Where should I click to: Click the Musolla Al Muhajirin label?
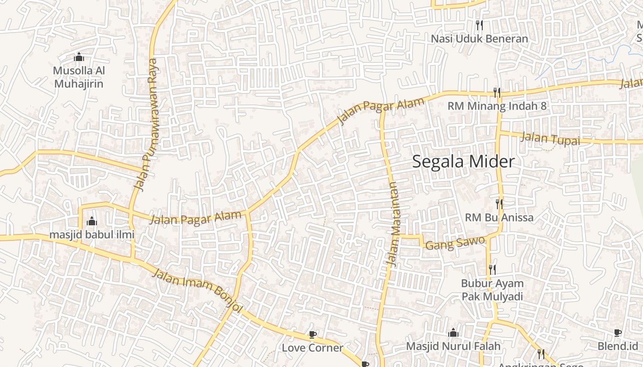click(x=79, y=77)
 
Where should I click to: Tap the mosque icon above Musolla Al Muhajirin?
click(x=79, y=57)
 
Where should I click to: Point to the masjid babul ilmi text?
click(x=92, y=235)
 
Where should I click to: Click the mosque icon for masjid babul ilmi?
click(x=92, y=222)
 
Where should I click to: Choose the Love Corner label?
click(x=312, y=348)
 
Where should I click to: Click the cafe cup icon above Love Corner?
click(x=313, y=334)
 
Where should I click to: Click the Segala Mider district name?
click(x=463, y=162)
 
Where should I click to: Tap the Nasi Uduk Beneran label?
click(x=479, y=39)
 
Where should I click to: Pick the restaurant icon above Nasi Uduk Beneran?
click(x=479, y=25)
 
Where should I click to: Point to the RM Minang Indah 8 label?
click(x=497, y=106)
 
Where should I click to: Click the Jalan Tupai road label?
click(x=550, y=139)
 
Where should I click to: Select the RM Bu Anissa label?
click(x=499, y=217)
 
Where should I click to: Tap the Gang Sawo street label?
click(x=455, y=243)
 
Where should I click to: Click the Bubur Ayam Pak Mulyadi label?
click(x=492, y=290)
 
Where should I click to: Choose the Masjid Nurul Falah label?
click(x=453, y=346)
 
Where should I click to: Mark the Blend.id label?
click(x=618, y=346)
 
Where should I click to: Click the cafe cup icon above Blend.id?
click(x=618, y=333)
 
